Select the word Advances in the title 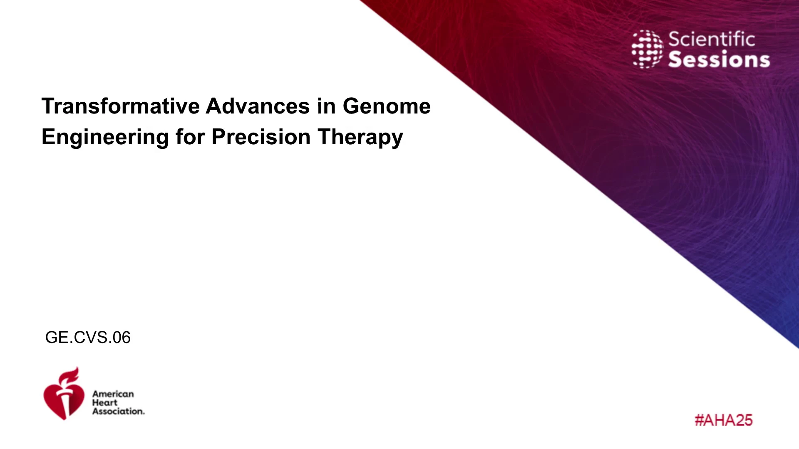pyautogui.click(x=258, y=106)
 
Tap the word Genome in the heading pyautogui.click(x=387, y=106)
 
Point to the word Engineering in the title pyautogui.click(x=105, y=138)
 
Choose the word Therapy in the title pyautogui.click(x=360, y=138)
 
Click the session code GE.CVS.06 pyautogui.click(x=88, y=337)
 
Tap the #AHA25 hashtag pyautogui.click(x=724, y=420)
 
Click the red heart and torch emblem pyautogui.click(x=64, y=393)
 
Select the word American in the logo pyautogui.click(x=113, y=394)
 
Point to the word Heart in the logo pyautogui.click(x=105, y=402)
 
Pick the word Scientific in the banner pyautogui.click(x=712, y=39)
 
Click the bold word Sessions pyautogui.click(x=719, y=59)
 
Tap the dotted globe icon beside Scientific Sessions pyautogui.click(x=648, y=49)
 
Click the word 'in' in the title pyautogui.click(x=326, y=106)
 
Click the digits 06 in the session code pyautogui.click(x=122, y=337)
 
